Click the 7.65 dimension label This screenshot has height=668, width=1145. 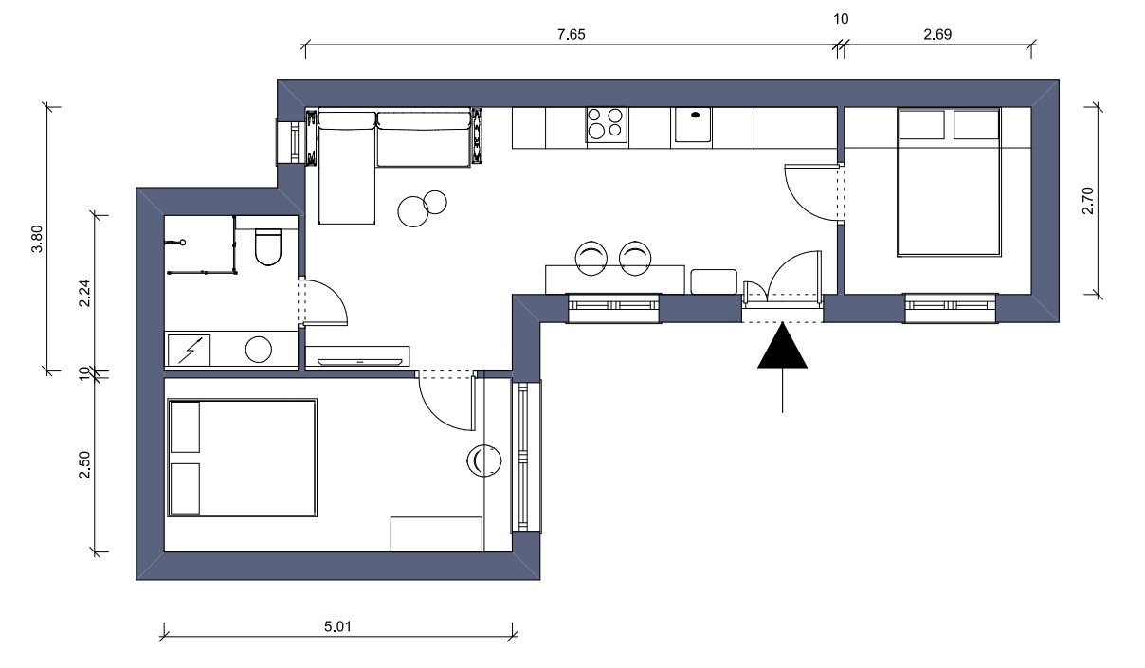pyautogui.click(x=571, y=34)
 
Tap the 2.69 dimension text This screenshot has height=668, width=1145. pyautogui.click(x=937, y=34)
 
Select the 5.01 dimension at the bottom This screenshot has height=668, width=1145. pyautogui.click(x=337, y=626)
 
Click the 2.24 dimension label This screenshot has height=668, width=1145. pyautogui.click(x=84, y=293)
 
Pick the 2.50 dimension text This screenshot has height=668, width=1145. pyautogui.click(x=84, y=464)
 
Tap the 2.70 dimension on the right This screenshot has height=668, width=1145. pyautogui.click(x=1088, y=201)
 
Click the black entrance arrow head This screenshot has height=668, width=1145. pyautogui.click(x=782, y=348)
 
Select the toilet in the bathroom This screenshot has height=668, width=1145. pyautogui.click(x=268, y=247)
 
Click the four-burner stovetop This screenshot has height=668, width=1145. pyautogui.click(x=607, y=124)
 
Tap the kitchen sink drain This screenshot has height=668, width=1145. pyautogui.click(x=695, y=115)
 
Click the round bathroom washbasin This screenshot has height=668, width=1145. pyautogui.click(x=259, y=349)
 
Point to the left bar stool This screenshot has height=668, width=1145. pyautogui.click(x=591, y=258)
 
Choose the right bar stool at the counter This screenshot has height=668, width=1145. pyautogui.click(x=635, y=258)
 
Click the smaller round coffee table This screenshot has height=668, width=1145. pyautogui.click(x=435, y=203)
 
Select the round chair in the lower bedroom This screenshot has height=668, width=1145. pyautogui.click(x=484, y=460)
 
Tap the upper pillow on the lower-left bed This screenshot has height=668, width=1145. pyautogui.click(x=185, y=427)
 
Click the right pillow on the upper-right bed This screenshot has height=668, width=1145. pyautogui.click(x=975, y=125)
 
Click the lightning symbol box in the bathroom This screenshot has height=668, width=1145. pyautogui.click(x=189, y=350)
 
